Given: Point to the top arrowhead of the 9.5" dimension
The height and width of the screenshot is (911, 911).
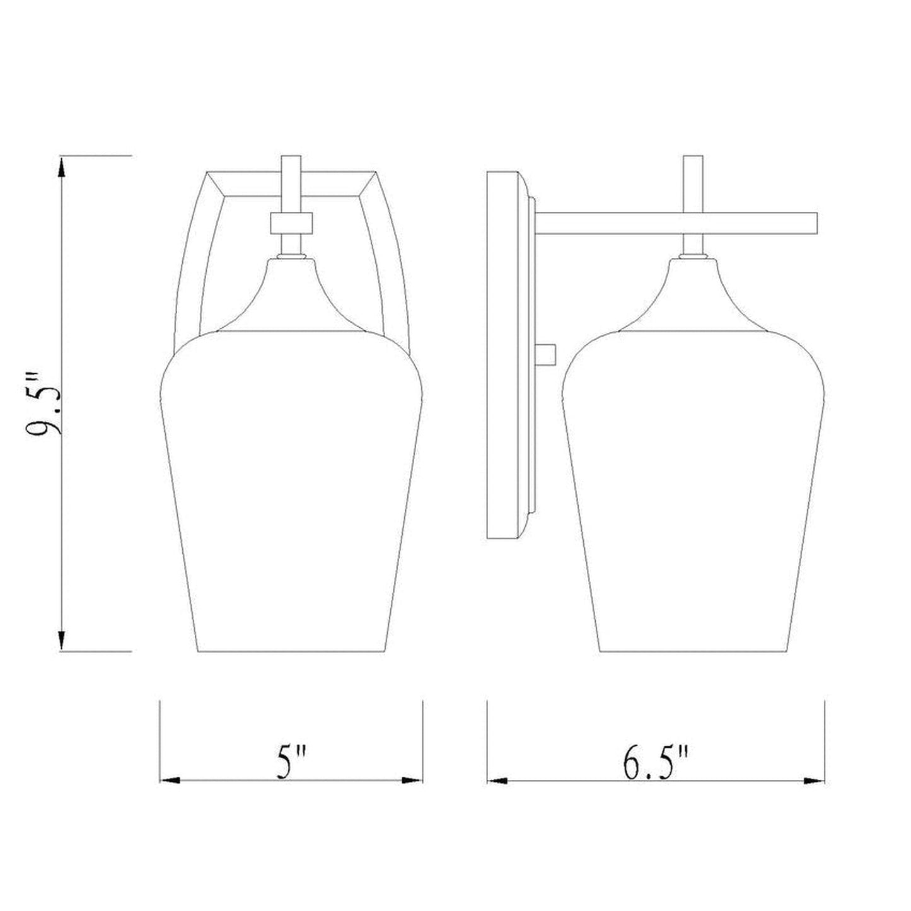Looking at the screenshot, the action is [x=61, y=167].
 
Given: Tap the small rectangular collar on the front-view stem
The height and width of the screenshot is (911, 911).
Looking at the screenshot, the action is [x=291, y=223].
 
